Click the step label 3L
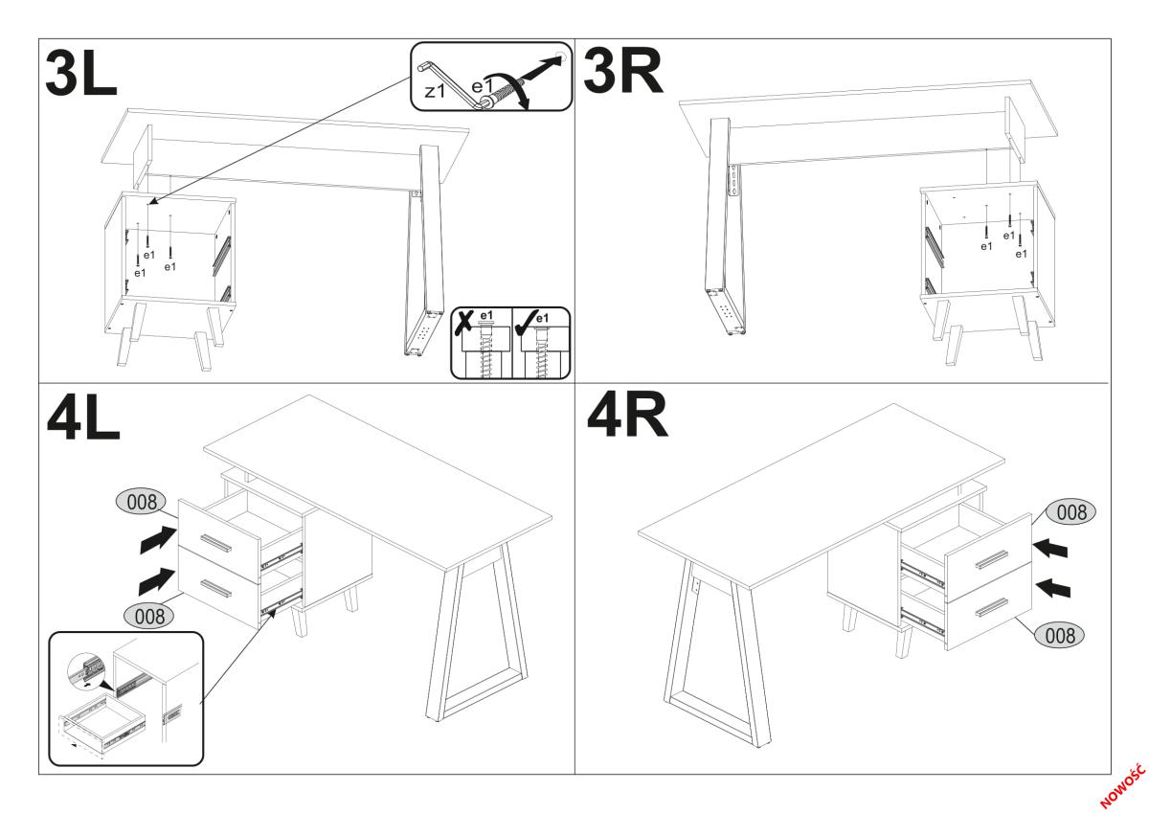tap(81, 75)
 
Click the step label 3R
tap(622, 73)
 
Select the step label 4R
tap(627, 416)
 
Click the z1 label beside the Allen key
tap(435, 91)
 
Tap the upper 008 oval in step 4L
tap(142, 502)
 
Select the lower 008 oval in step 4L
tap(149, 616)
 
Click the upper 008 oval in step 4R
tap(1071, 512)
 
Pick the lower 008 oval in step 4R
tap(1059, 636)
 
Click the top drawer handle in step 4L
tap(216, 543)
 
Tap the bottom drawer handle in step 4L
tap(216, 589)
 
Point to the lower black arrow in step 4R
tap(1053, 588)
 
